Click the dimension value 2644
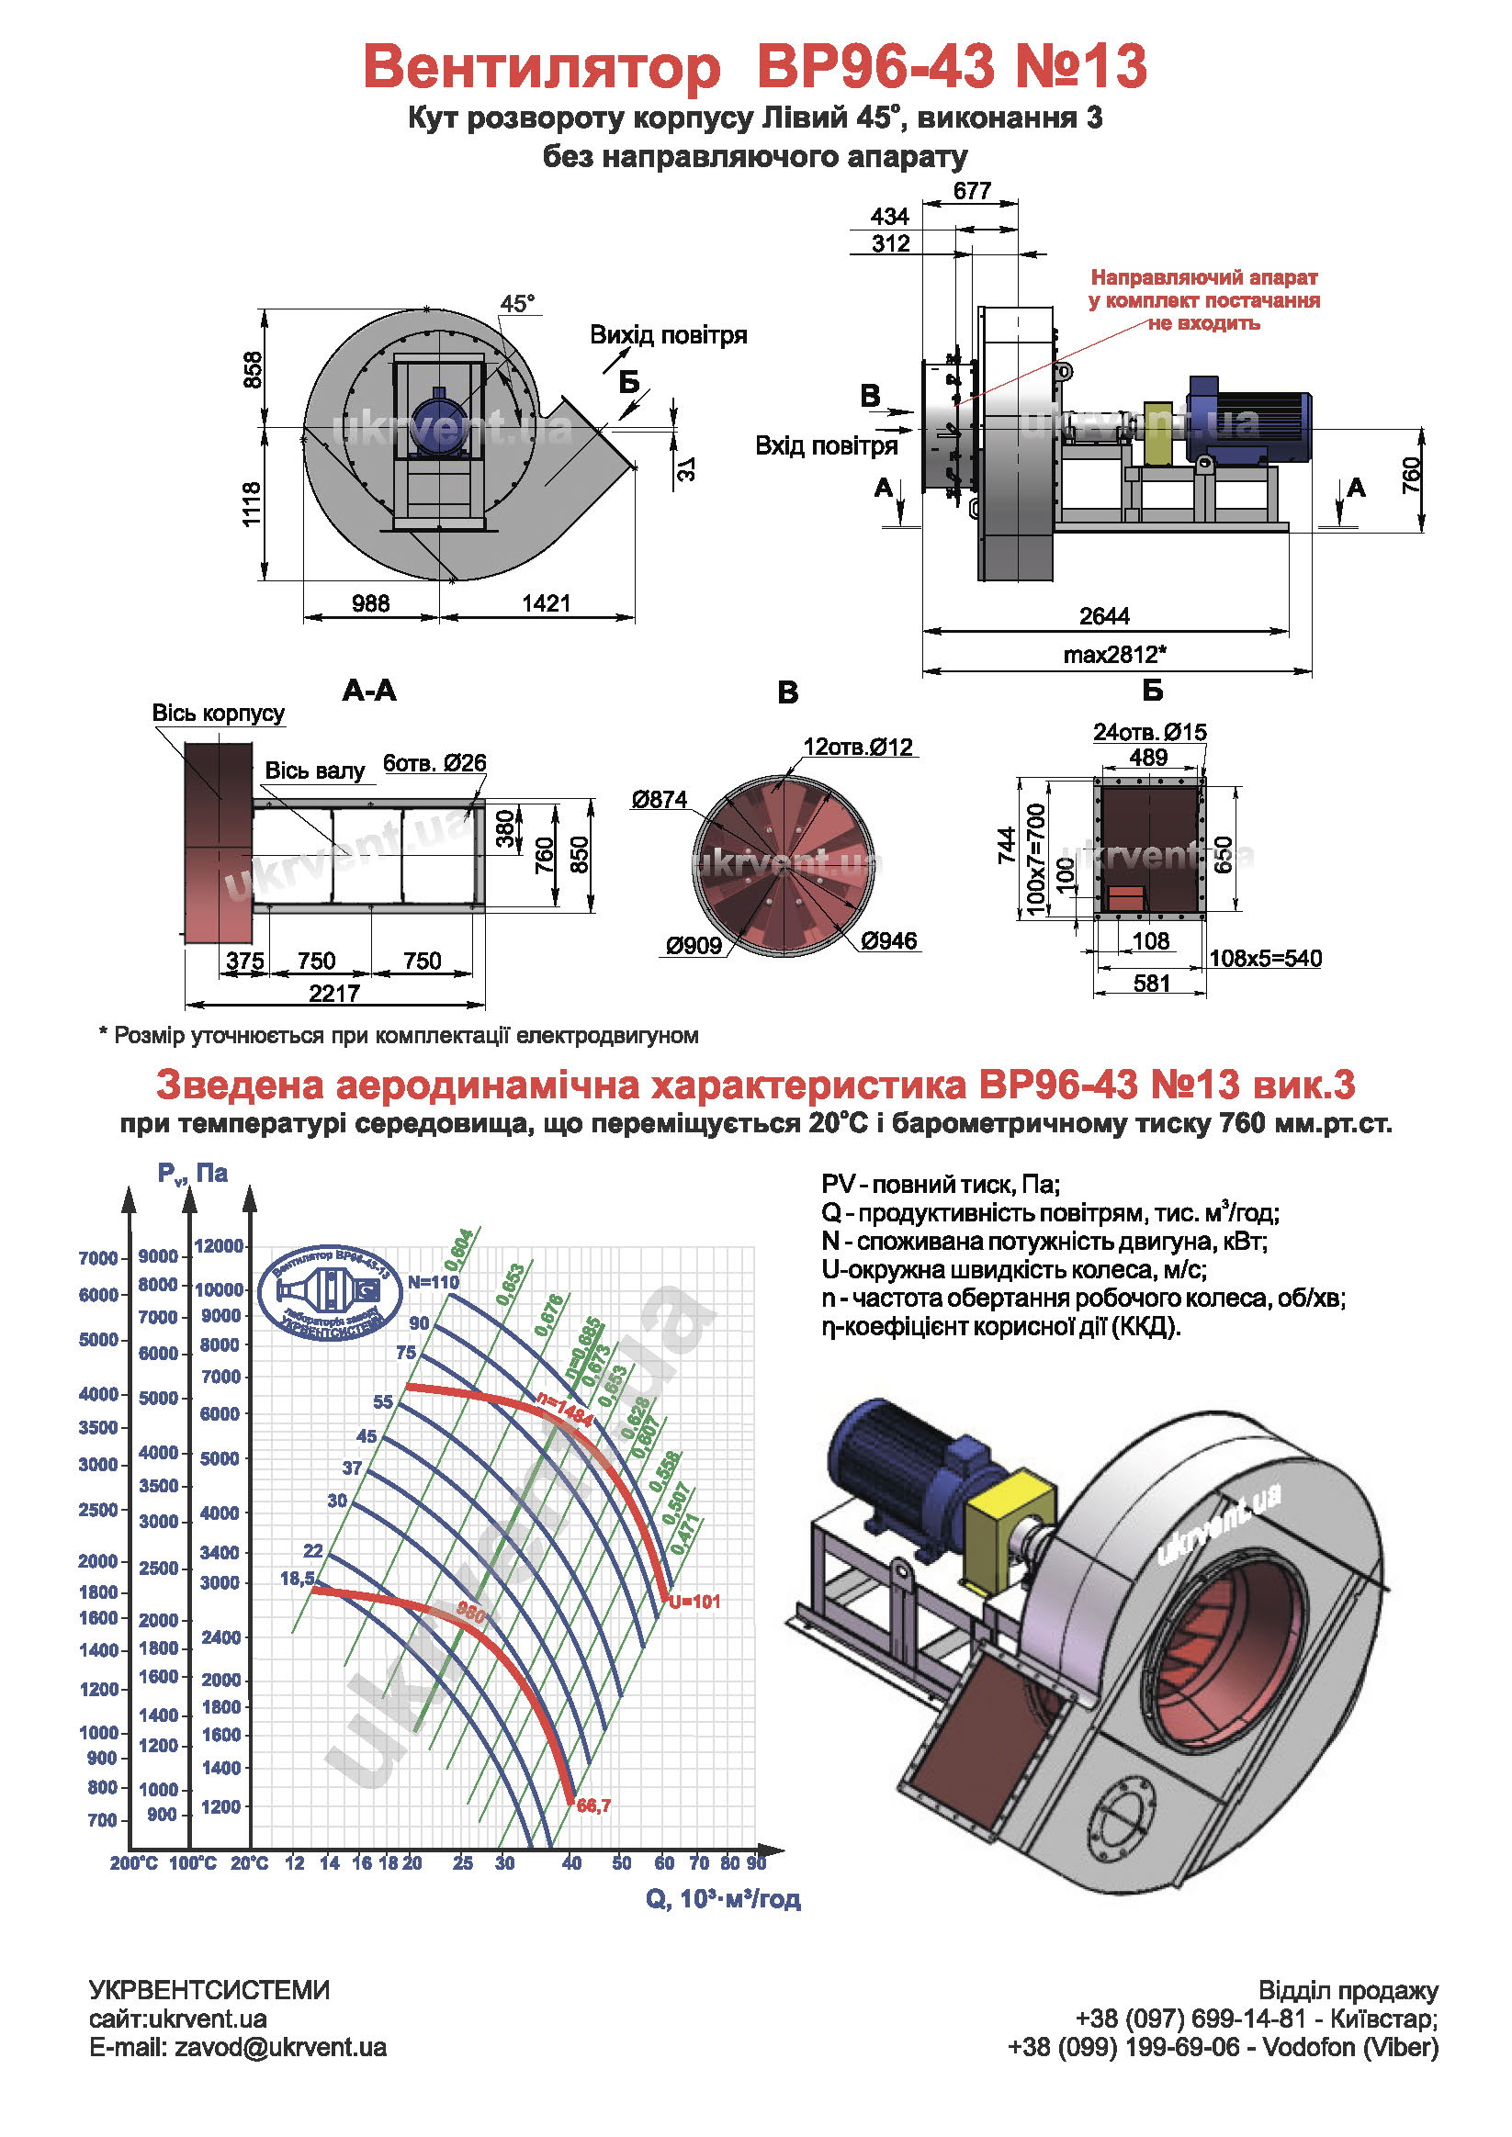point(1104,616)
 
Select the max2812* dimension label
point(1114,654)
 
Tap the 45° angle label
point(518,303)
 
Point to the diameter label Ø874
point(660,800)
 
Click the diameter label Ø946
point(889,941)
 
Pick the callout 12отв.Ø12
point(858,747)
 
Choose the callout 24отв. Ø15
point(1150,733)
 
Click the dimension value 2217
point(334,993)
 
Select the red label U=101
point(694,1602)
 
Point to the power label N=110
point(433,1282)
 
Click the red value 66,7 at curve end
point(594,1805)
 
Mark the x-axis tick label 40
point(571,1863)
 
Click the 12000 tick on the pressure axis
point(219,1246)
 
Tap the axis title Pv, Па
point(193,1173)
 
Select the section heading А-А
point(369,690)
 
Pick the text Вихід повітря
point(669,335)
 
